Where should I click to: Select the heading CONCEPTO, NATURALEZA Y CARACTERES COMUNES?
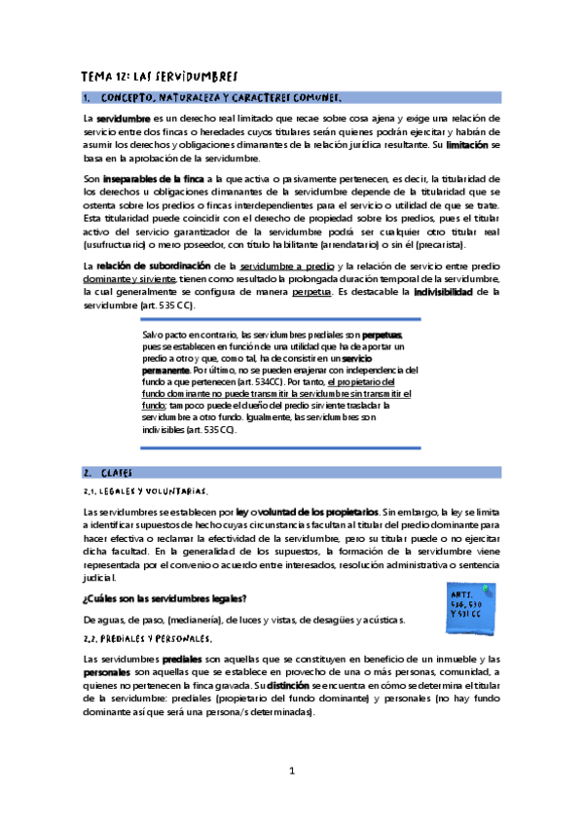coord(221,97)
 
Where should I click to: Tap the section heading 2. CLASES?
coord(118,472)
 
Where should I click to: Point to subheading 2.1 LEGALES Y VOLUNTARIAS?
coord(146,490)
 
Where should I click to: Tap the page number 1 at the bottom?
coord(291,771)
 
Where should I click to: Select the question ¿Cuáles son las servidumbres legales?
coord(164,597)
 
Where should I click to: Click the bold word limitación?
coord(466,145)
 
